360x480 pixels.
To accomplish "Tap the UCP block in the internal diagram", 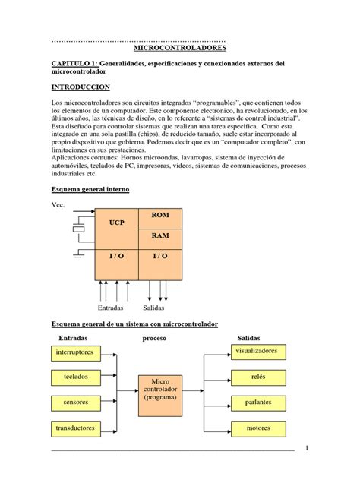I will (116, 223).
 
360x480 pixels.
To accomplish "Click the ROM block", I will (159, 216).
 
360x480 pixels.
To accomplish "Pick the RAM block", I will (159, 236).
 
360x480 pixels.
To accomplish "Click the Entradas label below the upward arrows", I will (110, 308).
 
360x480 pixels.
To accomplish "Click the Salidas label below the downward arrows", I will (154, 308).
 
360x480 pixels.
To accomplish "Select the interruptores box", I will (75, 352).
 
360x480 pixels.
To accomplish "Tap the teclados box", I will (75, 377).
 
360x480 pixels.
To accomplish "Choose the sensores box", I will (75, 402).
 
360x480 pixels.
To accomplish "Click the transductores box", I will (75, 428).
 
